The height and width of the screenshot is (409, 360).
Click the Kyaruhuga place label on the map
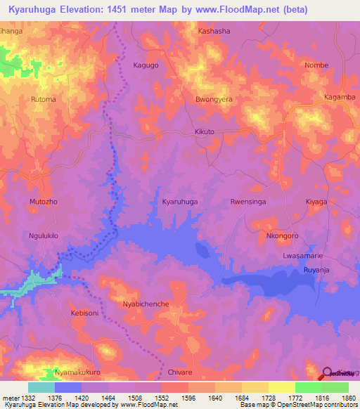click(179, 201)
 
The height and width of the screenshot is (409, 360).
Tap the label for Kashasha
click(214, 32)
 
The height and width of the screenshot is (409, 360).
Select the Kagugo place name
click(146, 65)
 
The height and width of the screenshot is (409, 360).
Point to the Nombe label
click(316, 65)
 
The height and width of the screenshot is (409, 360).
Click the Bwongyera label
click(214, 99)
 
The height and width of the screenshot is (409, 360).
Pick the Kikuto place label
click(204, 132)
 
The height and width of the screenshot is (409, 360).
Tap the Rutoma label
click(44, 99)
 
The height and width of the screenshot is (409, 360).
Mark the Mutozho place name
click(43, 201)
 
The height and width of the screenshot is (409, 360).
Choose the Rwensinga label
click(247, 201)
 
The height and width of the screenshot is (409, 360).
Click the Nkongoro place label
click(283, 235)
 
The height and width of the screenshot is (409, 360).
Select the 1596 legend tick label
click(188, 398)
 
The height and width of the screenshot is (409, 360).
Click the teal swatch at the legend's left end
click(41, 387)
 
